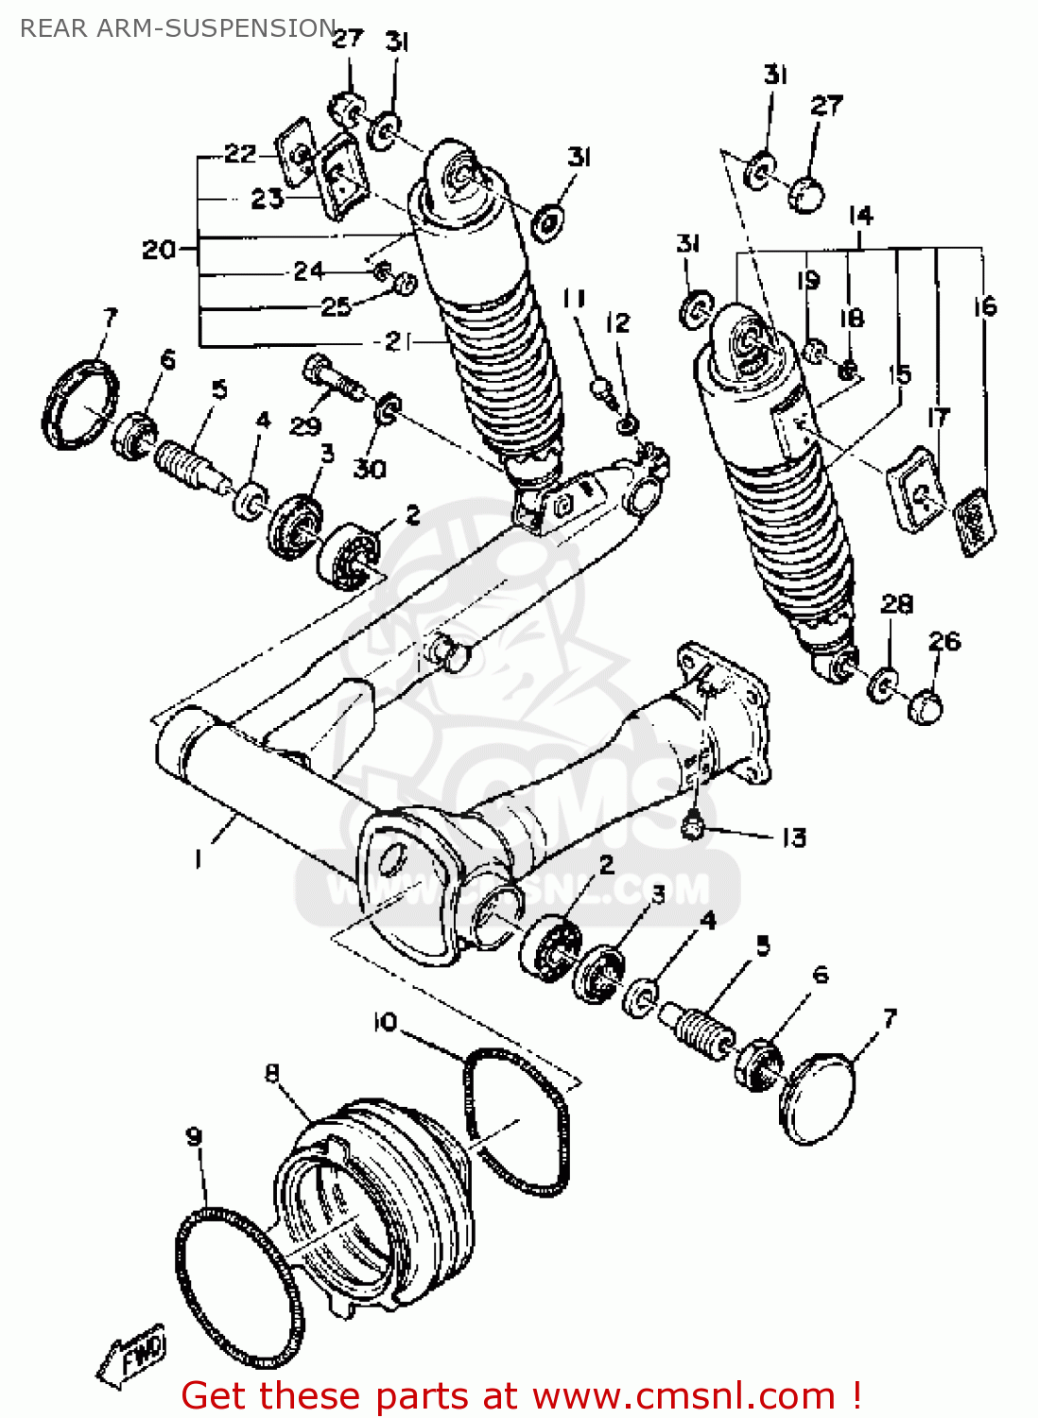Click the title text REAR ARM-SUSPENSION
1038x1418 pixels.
point(178,28)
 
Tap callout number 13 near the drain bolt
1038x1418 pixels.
point(793,838)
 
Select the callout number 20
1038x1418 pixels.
point(158,250)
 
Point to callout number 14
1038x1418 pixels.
point(860,216)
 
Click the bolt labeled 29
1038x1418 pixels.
point(331,377)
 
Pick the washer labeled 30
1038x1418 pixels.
point(388,410)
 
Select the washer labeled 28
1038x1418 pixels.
point(883,683)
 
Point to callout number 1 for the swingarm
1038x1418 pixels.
point(198,857)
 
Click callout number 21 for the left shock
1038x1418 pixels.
point(397,342)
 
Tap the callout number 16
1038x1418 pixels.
point(984,306)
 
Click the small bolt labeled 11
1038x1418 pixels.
point(598,387)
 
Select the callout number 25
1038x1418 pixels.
point(336,306)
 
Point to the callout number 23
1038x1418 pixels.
point(268,199)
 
